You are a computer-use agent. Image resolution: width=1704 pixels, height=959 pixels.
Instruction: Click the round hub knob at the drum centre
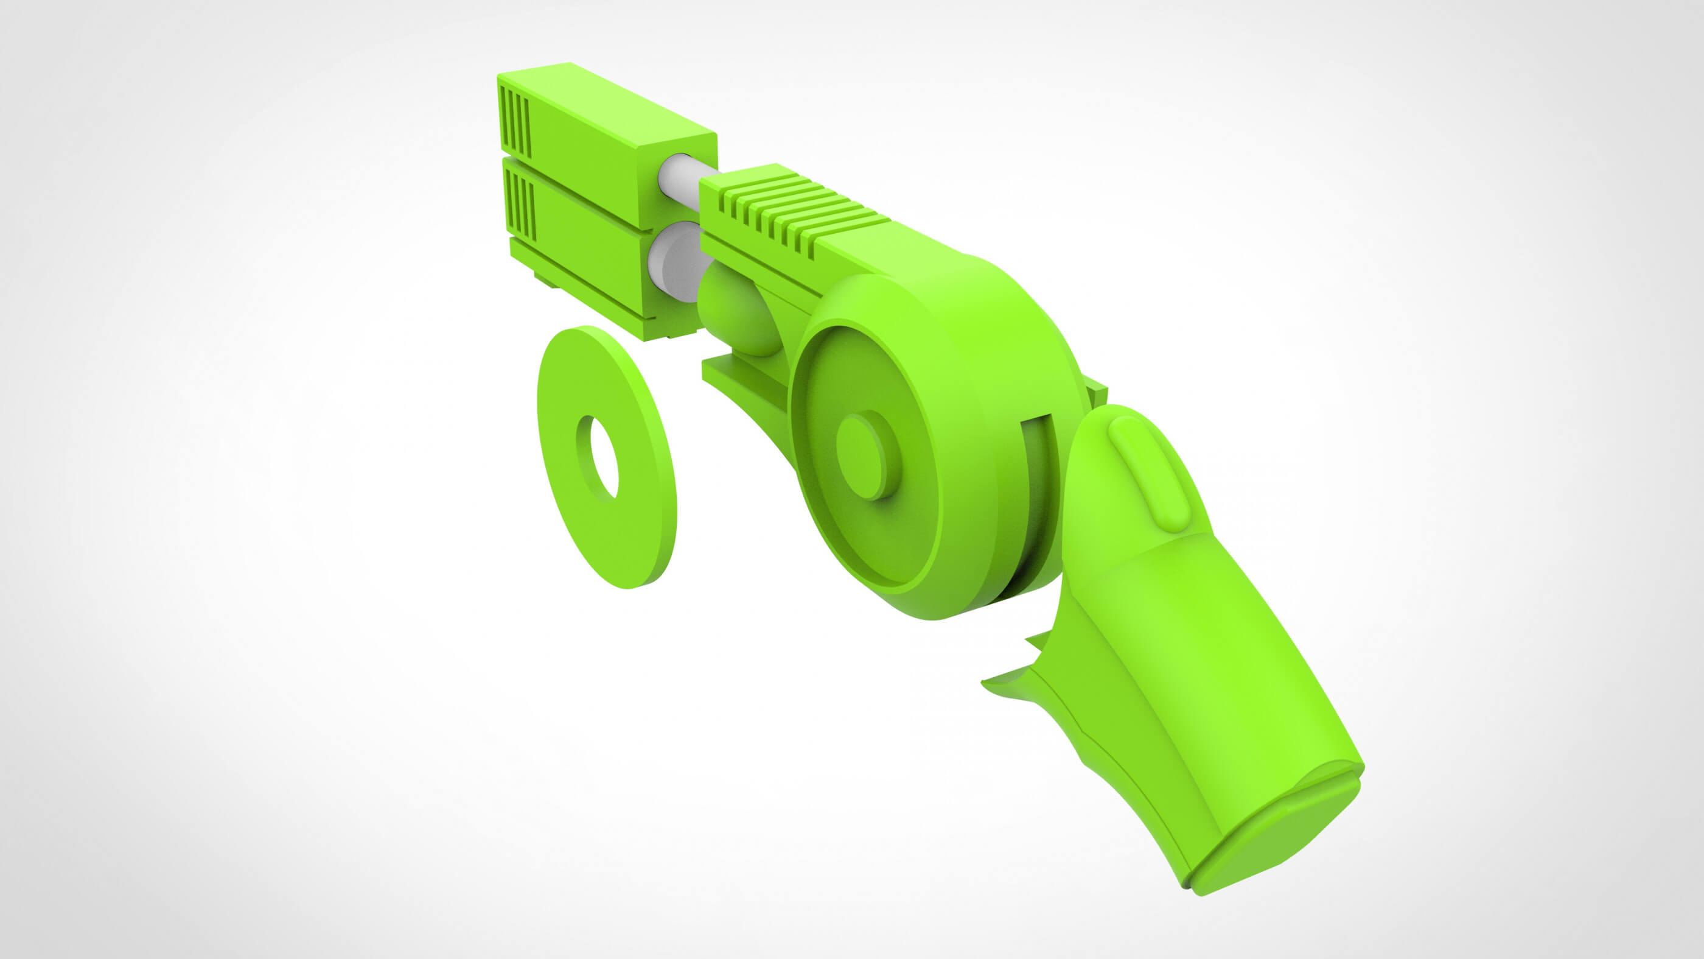point(868,455)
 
